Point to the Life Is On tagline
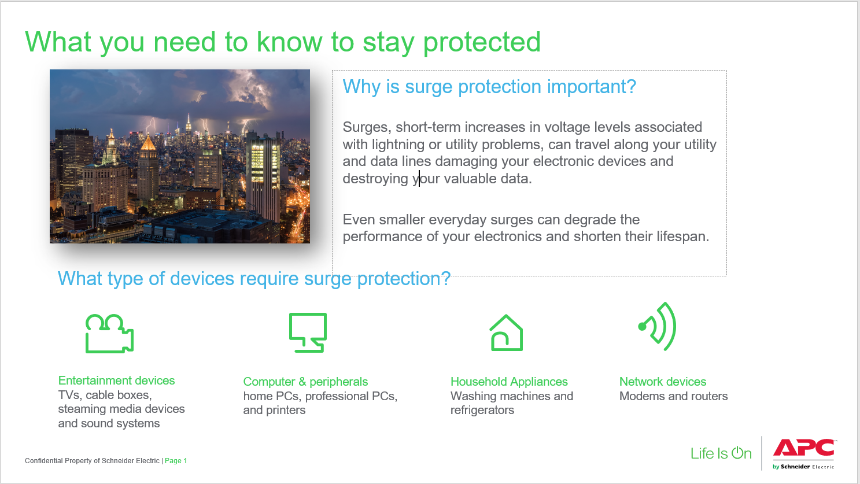721,453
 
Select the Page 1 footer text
176,461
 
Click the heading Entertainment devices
116,380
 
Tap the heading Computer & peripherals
305,382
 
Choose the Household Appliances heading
509,382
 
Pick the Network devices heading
663,382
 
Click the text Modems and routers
673,396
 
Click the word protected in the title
482,42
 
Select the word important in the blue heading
592,87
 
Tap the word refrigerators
482,410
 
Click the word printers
285,410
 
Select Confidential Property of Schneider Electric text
92,461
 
